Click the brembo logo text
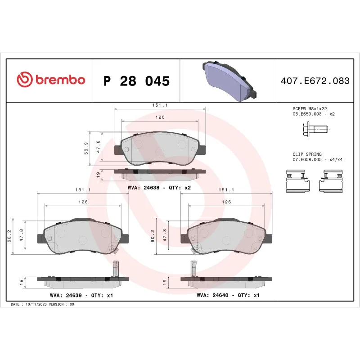(59, 80)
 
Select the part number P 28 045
(136, 81)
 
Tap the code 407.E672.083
(315, 81)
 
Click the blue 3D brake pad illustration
(229, 80)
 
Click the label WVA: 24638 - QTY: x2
(159, 187)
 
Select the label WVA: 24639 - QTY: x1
(81, 296)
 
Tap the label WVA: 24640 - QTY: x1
(228, 296)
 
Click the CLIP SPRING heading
(307, 154)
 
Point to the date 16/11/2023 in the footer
(36, 304)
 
